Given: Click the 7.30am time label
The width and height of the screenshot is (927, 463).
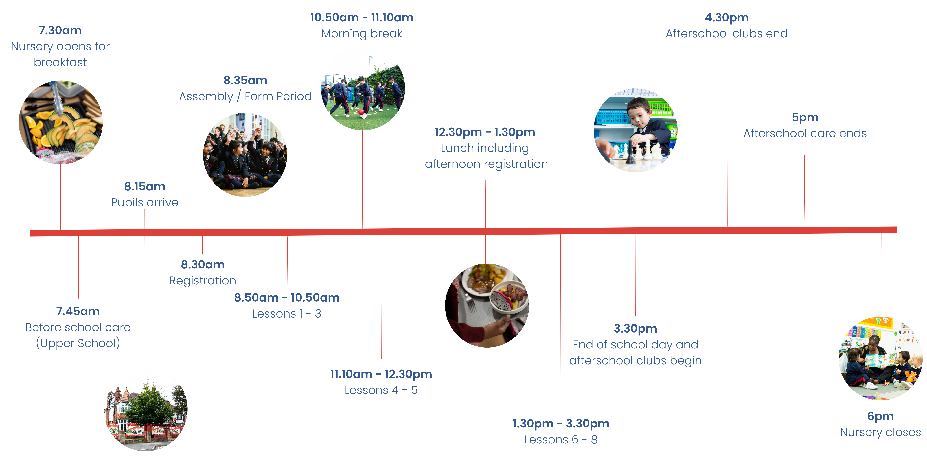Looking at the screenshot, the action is tap(60, 31).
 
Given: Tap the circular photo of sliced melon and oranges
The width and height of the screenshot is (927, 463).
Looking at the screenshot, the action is tap(60, 122).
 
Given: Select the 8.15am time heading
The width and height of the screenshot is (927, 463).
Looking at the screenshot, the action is tap(145, 187).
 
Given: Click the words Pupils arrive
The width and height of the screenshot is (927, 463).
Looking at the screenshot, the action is tap(145, 202).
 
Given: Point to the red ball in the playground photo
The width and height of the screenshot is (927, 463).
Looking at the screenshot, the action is tap(361, 112).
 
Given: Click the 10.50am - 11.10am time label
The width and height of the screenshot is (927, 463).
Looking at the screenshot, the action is tap(362, 18).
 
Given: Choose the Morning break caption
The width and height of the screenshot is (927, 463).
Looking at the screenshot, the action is tap(362, 33).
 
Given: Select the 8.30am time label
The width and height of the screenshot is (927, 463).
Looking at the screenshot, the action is tap(203, 265).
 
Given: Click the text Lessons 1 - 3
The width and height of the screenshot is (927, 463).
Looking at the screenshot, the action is tap(287, 314).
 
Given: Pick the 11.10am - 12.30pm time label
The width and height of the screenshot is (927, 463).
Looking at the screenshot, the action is tap(381, 374).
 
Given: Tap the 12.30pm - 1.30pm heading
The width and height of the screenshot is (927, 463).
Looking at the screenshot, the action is tap(485, 132).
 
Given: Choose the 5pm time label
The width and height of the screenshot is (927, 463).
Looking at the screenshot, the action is tap(805, 117).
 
